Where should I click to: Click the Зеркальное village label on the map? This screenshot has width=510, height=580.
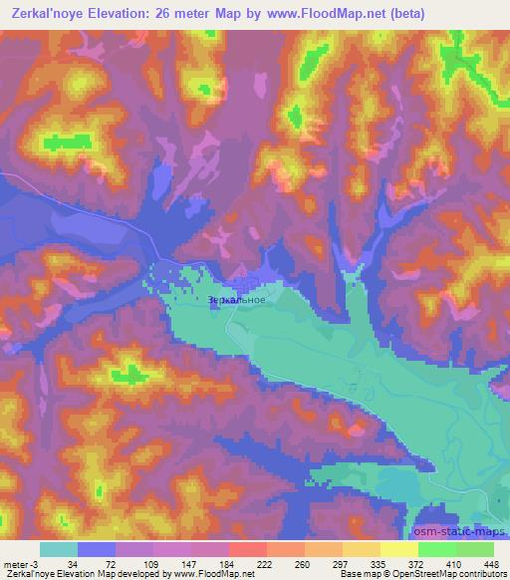(237, 299)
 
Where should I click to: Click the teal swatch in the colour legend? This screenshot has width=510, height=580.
(59, 549)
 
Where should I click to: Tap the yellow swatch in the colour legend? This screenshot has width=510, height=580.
(398, 549)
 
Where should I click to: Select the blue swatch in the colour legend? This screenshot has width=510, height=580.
(97, 549)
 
